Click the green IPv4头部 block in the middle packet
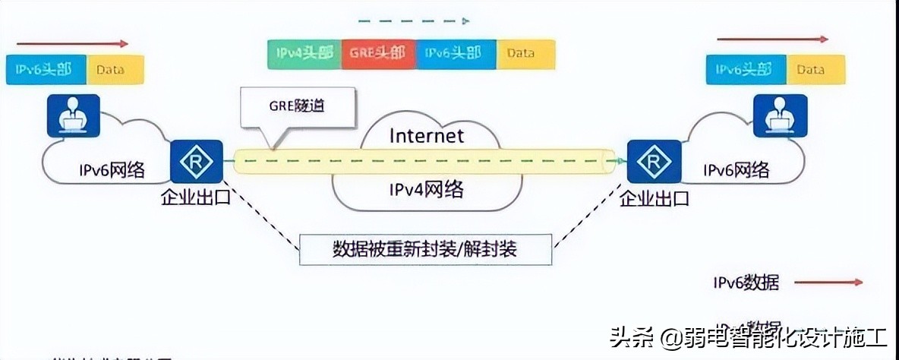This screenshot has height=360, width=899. pyautogui.click(x=304, y=54)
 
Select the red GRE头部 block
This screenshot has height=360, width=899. pyautogui.click(x=378, y=54)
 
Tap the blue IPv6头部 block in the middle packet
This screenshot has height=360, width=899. pyautogui.click(x=453, y=54)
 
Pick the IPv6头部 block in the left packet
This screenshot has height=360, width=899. pyautogui.click(x=44, y=70)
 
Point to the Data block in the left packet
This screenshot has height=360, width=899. pyautogui.click(x=111, y=70)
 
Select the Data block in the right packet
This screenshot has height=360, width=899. pyautogui.click(x=811, y=70)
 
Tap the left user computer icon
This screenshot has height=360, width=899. pyautogui.click(x=73, y=115)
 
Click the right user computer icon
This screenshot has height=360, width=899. pyautogui.click(x=780, y=115)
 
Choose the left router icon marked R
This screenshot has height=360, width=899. pyautogui.click(x=196, y=161)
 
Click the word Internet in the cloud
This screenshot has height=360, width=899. pyautogui.click(x=426, y=137)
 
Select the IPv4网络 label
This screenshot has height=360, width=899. pyautogui.click(x=427, y=190)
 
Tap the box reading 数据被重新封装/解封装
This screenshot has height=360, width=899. pyautogui.click(x=425, y=249)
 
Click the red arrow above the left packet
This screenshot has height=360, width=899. pyautogui.click(x=73, y=44)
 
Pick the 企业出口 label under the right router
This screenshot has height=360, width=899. pyautogui.click(x=655, y=199)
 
